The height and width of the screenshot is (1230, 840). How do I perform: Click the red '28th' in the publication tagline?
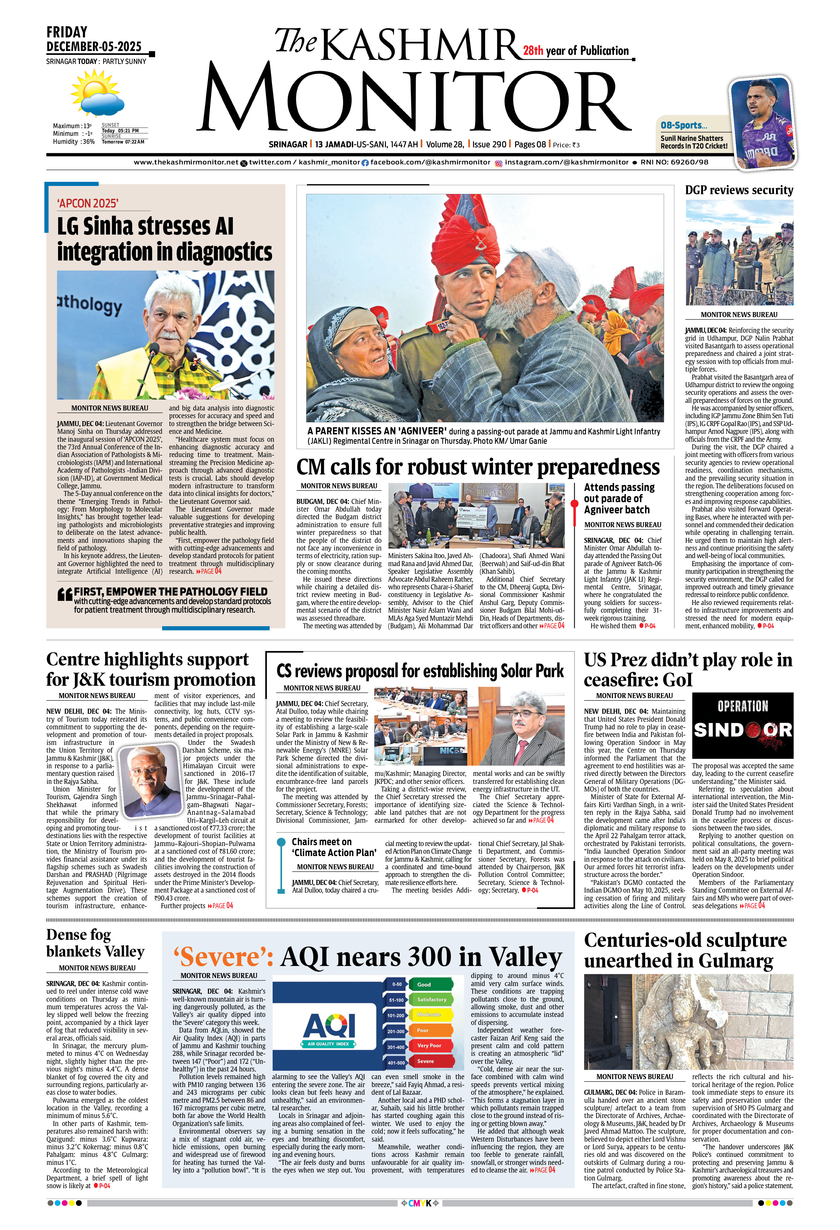(x=533, y=51)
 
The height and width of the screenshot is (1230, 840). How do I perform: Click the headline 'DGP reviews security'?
(x=739, y=190)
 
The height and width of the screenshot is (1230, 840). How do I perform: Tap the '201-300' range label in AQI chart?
(x=396, y=1031)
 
